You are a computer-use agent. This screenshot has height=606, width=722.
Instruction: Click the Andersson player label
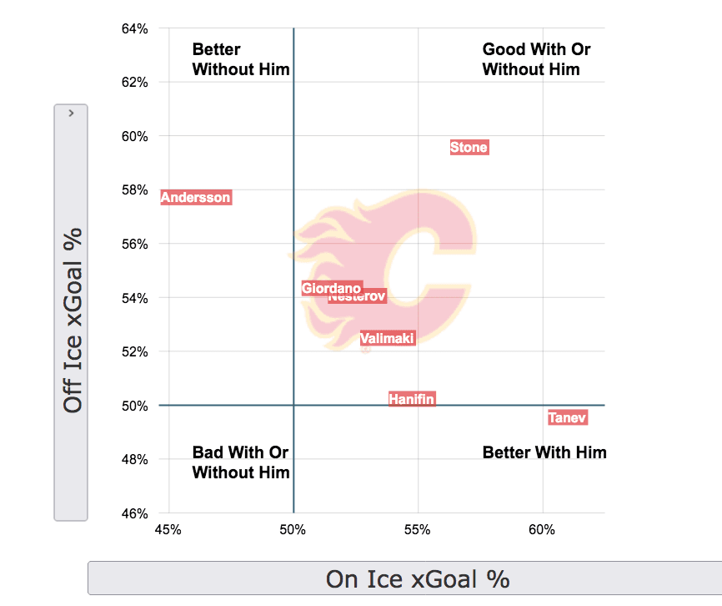click(x=196, y=198)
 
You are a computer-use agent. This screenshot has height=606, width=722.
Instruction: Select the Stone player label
click(x=469, y=148)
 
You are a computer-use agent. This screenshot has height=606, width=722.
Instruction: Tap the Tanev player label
click(x=568, y=417)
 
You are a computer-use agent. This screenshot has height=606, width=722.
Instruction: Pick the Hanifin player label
click(x=412, y=400)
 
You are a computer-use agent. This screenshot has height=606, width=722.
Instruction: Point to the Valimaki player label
click(x=388, y=338)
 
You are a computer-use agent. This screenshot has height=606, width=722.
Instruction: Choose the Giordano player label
click(x=331, y=288)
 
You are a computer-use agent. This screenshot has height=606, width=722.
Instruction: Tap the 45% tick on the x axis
click(x=168, y=529)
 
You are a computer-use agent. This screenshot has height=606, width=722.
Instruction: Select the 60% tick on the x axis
click(x=543, y=529)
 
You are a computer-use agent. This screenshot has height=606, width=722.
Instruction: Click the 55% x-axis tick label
click(x=418, y=529)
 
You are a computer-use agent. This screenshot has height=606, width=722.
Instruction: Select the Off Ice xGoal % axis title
click(x=73, y=321)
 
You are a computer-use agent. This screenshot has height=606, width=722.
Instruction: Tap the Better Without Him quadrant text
click(x=241, y=59)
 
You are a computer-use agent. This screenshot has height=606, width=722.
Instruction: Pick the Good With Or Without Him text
click(x=536, y=59)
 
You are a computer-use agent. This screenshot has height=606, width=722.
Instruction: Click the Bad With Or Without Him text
click(x=241, y=462)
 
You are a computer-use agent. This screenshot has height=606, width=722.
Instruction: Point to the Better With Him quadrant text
click(x=544, y=452)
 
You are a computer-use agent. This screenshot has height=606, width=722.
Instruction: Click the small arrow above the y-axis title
click(x=72, y=112)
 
